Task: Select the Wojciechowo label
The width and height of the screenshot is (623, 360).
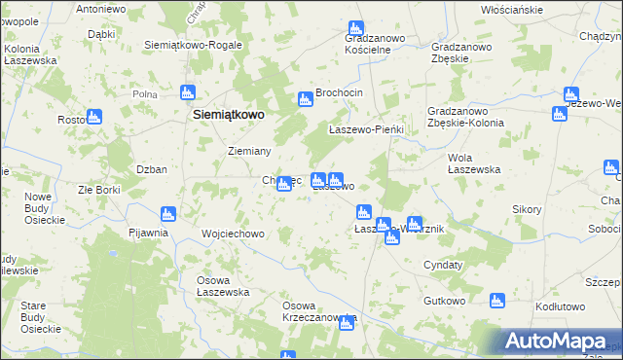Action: tap(233, 234)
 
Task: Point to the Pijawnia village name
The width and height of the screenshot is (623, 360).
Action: tap(149, 233)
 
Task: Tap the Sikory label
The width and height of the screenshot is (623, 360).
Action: tap(527, 209)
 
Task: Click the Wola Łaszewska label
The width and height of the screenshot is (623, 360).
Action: tap(474, 162)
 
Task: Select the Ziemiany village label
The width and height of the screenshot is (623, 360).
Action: tap(248, 151)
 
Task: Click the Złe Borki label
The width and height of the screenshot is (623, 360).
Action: tap(99, 190)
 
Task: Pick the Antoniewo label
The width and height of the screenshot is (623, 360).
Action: tap(101, 9)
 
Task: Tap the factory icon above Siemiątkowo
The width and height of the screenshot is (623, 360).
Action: tap(189, 93)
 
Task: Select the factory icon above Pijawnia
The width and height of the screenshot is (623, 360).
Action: tap(166, 213)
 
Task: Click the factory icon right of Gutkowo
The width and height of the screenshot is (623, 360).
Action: tap(497, 301)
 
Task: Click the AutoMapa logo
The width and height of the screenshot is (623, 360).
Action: tap(562, 342)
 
